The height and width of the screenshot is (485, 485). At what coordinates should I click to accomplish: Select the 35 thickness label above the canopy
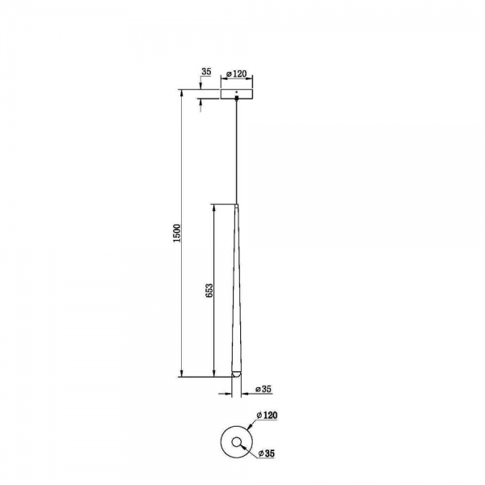click(205, 73)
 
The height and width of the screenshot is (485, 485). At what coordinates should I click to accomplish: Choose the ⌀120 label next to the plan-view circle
click(267, 415)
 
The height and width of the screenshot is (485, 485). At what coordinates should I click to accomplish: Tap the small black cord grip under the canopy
click(236, 100)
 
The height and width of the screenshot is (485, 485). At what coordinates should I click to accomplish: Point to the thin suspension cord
click(236, 154)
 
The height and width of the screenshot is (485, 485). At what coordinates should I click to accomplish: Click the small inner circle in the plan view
click(236, 441)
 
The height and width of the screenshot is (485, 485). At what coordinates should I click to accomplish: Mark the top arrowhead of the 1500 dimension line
click(181, 91)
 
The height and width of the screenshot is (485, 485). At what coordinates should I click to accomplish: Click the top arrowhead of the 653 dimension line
click(213, 205)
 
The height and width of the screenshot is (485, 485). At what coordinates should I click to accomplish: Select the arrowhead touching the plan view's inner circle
click(242, 445)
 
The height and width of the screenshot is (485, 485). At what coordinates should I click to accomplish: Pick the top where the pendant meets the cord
click(236, 204)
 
